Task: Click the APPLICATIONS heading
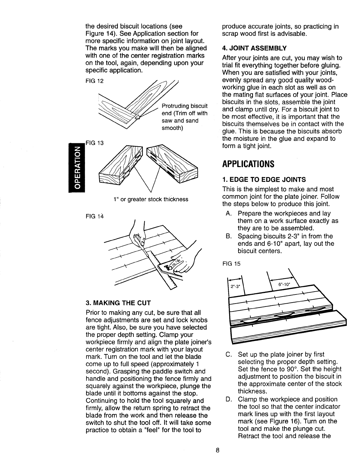[248, 164]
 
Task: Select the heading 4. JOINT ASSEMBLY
[254, 48]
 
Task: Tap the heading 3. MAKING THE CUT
[118, 303]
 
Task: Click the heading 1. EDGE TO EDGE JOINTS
[264, 179]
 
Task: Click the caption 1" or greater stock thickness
[151, 199]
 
